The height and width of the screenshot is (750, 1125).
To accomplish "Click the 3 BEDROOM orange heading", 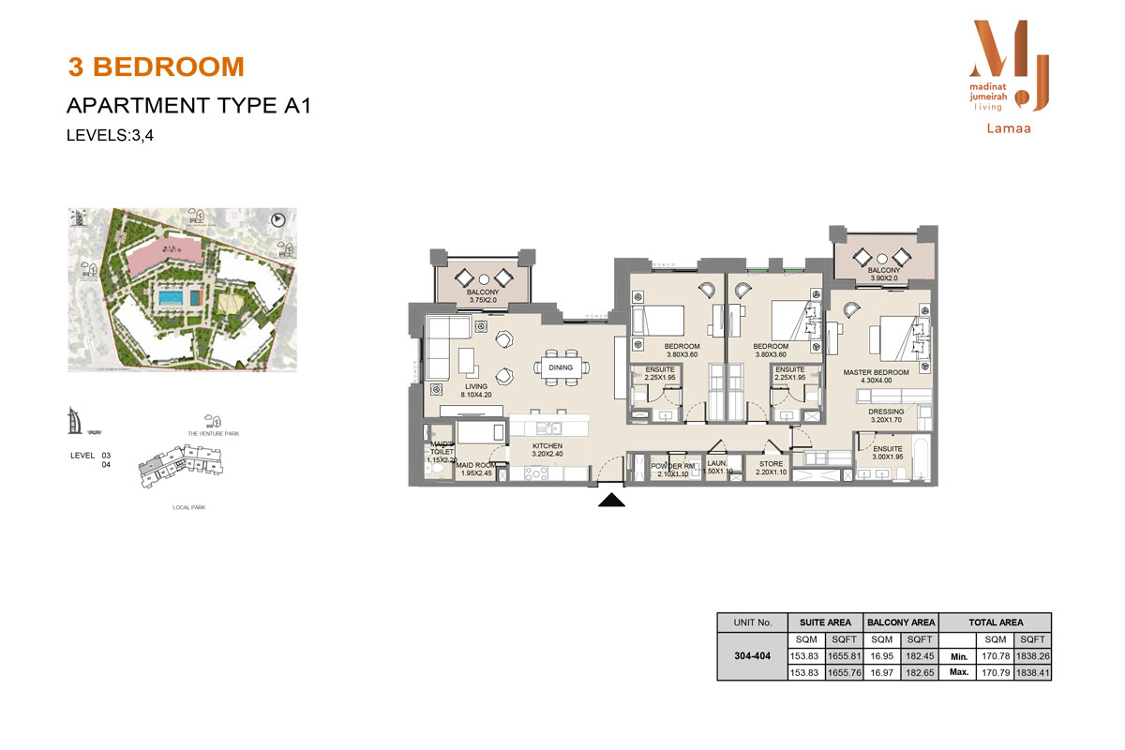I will click(156, 67).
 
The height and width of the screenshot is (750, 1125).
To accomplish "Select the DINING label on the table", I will click(561, 368).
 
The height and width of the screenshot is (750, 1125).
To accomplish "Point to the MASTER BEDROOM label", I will click(876, 373).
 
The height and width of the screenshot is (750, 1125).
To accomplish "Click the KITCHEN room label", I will click(547, 446).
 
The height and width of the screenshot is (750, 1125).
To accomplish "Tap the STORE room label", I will click(771, 463).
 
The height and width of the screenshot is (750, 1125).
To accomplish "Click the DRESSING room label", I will click(887, 412).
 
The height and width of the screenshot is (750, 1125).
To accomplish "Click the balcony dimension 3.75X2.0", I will click(484, 302).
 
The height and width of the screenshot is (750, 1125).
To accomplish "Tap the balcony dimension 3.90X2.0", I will click(883, 277).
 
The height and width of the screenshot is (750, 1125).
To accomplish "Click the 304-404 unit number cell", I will click(752, 655).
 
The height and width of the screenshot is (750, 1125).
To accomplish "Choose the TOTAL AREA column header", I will click(996, 622).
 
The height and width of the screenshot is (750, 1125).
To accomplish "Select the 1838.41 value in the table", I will click(1032, 672).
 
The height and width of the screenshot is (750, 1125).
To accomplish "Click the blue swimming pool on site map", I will click(171, 297).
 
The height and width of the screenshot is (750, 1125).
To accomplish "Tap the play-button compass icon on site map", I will click(277, 220).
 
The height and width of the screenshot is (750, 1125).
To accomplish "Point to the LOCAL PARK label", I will click(189, 507).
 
